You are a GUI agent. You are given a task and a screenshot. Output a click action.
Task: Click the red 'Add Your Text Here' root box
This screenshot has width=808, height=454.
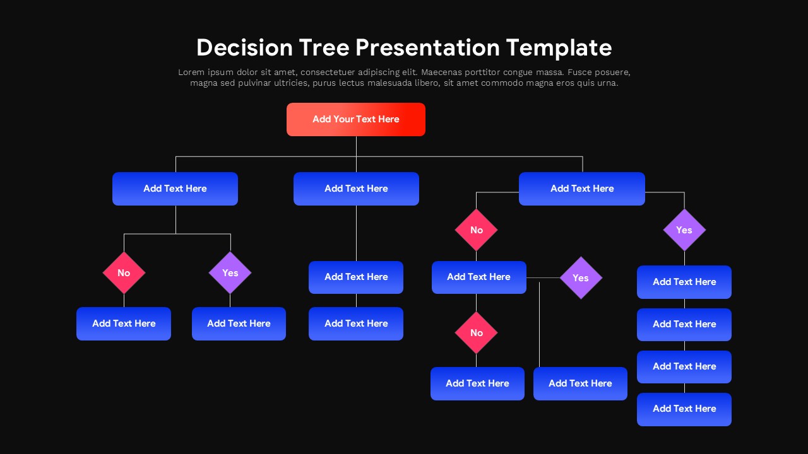[355, 119]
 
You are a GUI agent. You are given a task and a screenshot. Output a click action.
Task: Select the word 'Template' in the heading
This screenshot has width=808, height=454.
[559, 48]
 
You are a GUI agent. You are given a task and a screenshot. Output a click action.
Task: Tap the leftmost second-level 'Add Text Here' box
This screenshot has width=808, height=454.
[175, 189]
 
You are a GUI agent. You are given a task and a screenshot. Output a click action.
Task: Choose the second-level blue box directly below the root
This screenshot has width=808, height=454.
[356, 189]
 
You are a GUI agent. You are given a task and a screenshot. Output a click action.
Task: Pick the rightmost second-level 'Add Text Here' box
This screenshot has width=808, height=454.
[581, 189]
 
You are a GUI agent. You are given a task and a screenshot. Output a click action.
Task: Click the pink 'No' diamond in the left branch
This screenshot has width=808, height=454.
[124, 272]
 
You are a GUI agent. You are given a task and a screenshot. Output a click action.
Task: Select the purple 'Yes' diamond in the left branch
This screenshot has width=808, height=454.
[230, 272]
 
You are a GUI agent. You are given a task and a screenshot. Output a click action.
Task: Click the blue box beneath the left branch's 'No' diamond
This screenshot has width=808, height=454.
[124, 323]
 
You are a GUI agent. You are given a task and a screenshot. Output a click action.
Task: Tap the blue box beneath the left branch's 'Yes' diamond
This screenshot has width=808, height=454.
[239, 323]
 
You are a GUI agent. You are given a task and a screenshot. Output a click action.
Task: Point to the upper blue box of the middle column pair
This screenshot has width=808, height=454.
[356, 277]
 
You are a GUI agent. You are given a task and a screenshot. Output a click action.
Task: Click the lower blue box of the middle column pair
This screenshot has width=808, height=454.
[356, 323]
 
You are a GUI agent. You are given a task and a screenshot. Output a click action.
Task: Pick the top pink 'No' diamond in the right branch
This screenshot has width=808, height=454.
[476, 230]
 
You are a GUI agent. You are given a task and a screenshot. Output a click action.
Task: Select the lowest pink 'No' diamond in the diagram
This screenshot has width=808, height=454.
[476, 332]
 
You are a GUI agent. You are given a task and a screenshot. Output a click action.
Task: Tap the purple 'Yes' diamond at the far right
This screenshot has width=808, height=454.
[684, 230]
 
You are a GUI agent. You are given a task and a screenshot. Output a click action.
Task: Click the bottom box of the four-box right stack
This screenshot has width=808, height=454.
[684, 409]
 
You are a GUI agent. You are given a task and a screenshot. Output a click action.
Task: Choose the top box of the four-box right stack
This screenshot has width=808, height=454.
[684, 282]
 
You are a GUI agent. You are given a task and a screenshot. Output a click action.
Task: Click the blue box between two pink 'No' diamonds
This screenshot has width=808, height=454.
[478, 277]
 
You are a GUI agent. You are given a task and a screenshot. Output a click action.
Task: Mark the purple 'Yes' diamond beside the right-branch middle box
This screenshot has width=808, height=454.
[580, 277]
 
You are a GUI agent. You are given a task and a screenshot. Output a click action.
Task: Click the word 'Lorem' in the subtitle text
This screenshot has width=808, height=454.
[191, 73]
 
